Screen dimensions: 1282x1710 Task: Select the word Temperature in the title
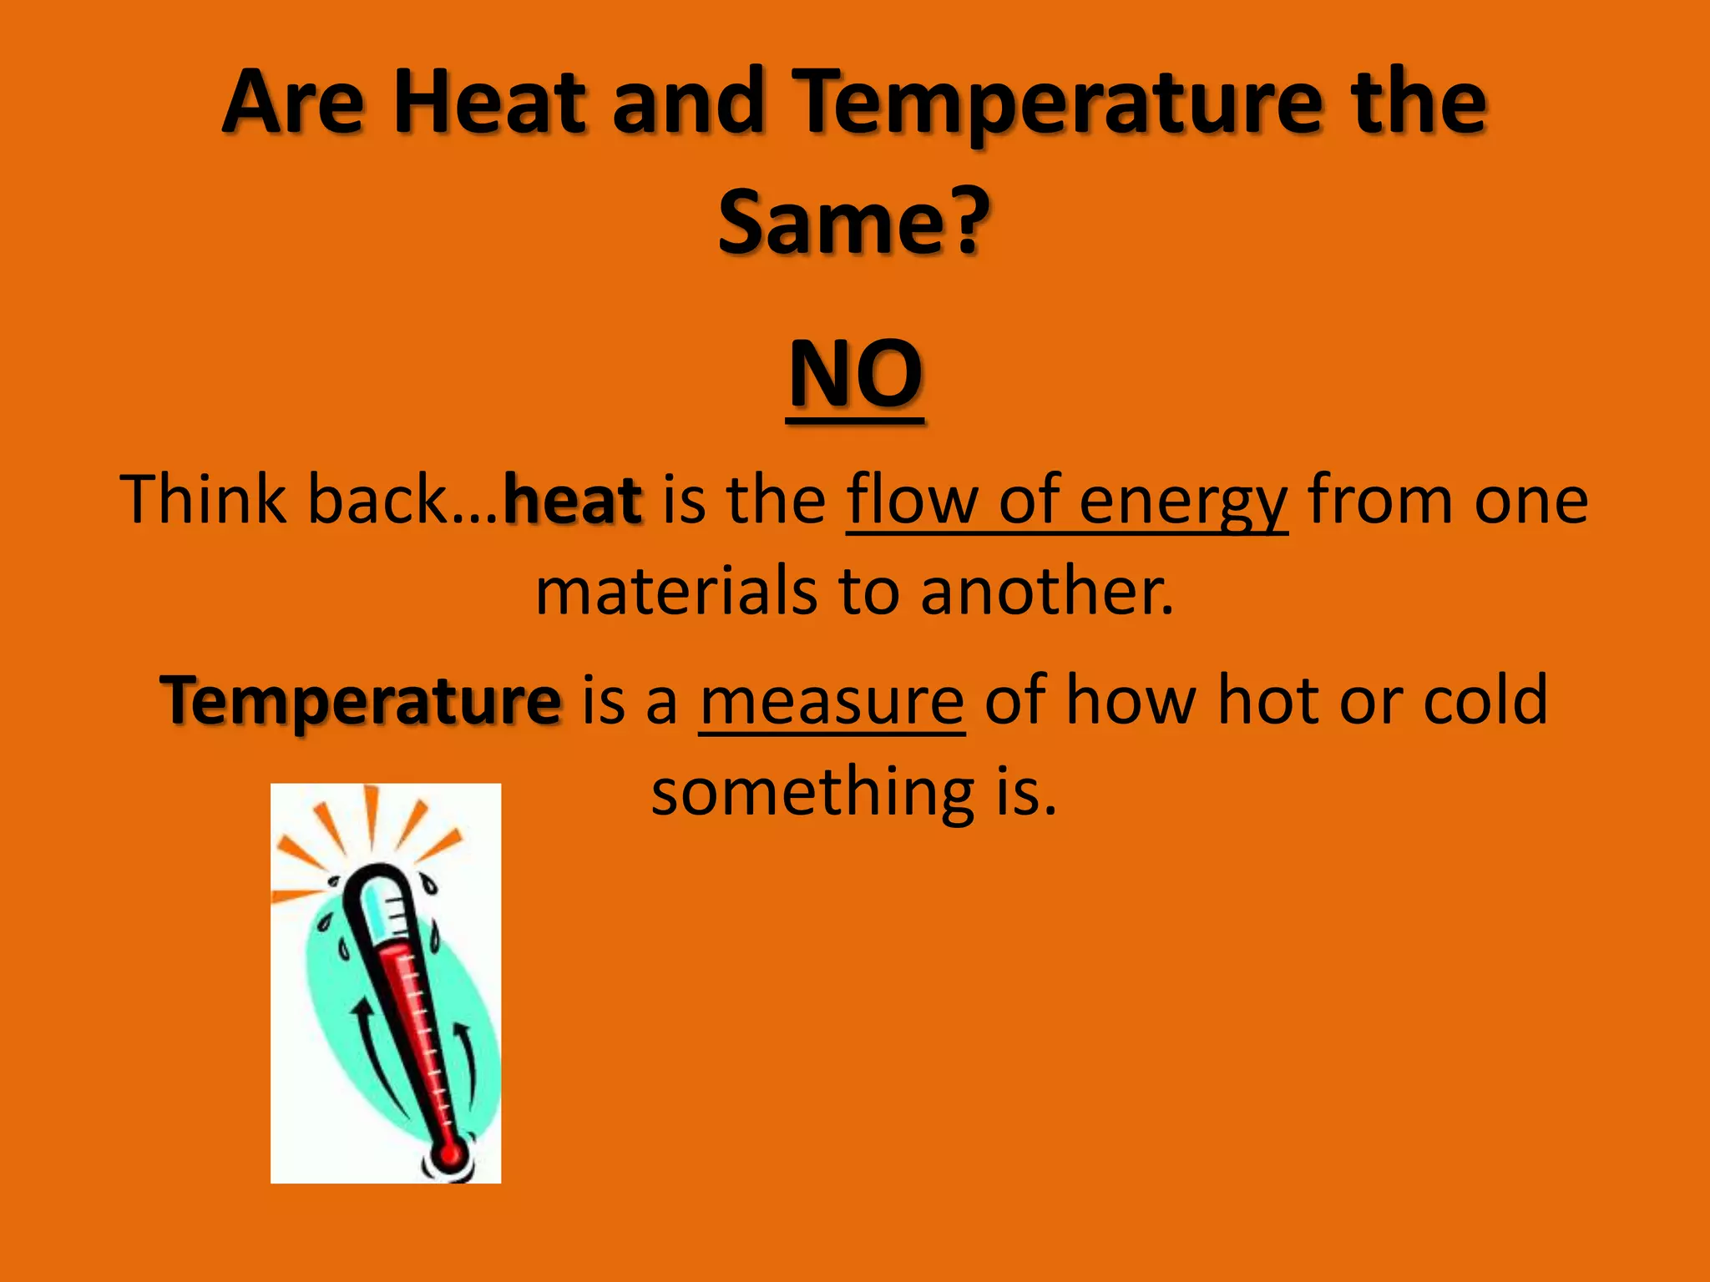(1057, 104)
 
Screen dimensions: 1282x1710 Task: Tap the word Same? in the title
(853, 221)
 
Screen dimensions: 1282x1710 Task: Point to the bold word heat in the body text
(573, 499)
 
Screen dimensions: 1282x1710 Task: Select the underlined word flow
(913, 499)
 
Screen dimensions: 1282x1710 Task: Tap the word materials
(676, 591)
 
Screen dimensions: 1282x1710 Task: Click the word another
(1047, 591)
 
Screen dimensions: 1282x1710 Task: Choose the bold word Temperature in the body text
(361, 701)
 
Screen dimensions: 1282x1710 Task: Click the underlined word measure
(832, 701)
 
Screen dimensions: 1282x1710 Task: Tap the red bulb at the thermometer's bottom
(450, 1154)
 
